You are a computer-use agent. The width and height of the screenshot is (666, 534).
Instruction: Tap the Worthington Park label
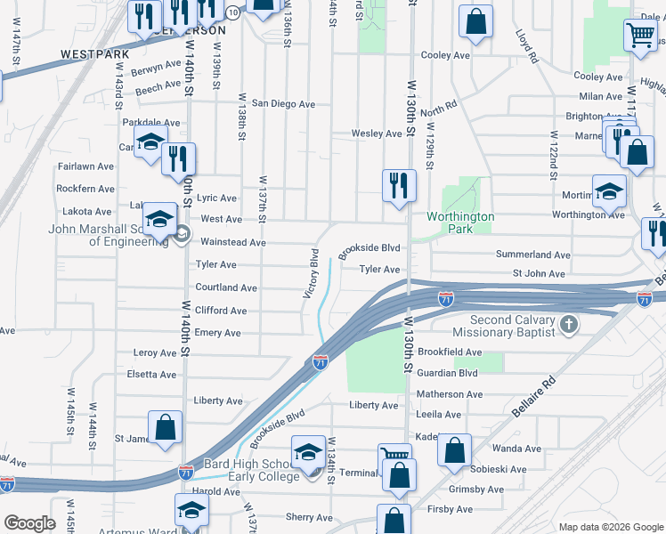tap(460, 222)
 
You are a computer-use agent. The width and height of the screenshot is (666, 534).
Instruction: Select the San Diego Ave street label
tap(283, 104)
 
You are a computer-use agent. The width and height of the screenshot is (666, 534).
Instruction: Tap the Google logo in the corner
tap(29, 523)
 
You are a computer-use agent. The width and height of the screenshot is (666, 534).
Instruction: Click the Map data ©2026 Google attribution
tap(610, 527)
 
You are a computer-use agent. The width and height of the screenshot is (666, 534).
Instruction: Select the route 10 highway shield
tap(231, 12)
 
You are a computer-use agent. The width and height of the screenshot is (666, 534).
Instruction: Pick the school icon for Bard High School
tap(309, 455)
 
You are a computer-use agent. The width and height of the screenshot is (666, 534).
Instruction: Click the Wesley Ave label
tap(376, 133)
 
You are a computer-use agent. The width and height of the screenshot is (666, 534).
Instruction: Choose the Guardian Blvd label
tap(448, 373)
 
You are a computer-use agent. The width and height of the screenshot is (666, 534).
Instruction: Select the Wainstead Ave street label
tap(232, 242)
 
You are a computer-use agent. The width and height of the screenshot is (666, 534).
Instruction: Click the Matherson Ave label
tap(450, 393)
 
